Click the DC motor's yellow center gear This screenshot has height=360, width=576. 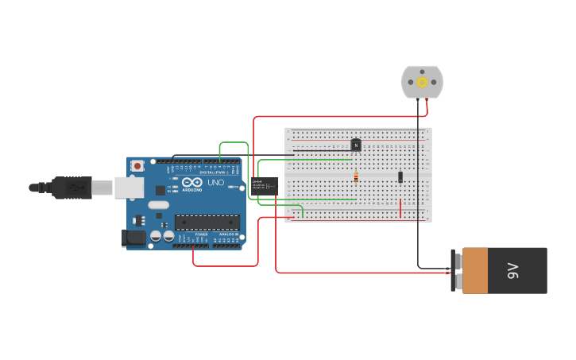pyautogui.click(x=422, y=82)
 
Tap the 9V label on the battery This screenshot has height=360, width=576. pyautogui.click(x=512, y=271)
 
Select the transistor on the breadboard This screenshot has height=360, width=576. pyautogui.click(x=356, y=145)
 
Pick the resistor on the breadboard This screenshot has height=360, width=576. pyautogui.click(x=356, y=178)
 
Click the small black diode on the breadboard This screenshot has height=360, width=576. pyautogui.click(x=400, y=176)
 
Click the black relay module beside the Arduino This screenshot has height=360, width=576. pyautogui.click(x=265, y=186)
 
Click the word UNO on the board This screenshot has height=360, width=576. pyautogui.click(x=215, y=183)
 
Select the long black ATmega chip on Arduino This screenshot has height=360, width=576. pyautogui.click(x=207, y=221)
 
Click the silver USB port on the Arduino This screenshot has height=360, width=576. pyautogui.click(x=128, y=188)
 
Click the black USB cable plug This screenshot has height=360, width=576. pyautogui.click(x=72, y=188)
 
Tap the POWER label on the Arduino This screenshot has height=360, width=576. pyautogui.click(x=201, y=234)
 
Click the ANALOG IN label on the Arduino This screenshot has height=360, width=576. pyautogui.click(x=227, y=234)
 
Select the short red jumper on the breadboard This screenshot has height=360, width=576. pyautogui.click(x=400, y=207)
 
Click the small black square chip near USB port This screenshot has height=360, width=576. pyautogui.click(x=160, y=190)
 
